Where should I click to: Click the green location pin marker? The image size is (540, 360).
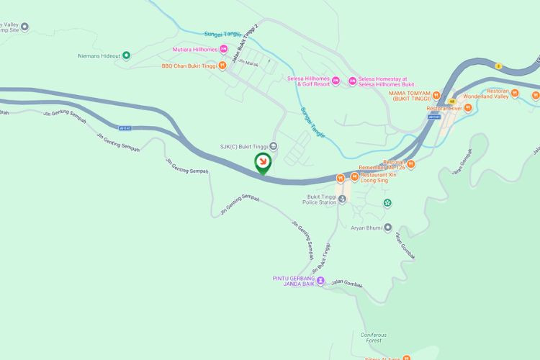click(264, 161)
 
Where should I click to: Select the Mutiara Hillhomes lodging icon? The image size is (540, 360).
click(223, 49)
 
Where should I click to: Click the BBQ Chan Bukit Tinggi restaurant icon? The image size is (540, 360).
click(222, 66)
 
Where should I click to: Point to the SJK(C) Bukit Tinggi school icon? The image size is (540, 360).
click(273, 147)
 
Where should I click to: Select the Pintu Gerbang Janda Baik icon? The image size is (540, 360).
click(321, 281)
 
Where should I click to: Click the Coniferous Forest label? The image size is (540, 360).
click(374, 338)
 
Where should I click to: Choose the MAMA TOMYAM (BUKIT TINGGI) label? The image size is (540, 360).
click(409, 95)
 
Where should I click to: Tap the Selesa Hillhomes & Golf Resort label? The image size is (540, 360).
click(313, 81)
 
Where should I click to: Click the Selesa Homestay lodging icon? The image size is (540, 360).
click(352, 81)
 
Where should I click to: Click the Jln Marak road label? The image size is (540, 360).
click(248, 63)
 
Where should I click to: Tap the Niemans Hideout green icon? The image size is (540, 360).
click(127, 55)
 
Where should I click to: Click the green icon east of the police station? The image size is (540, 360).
click(387, 203)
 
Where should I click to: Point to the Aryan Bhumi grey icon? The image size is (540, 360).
click(387, 228)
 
